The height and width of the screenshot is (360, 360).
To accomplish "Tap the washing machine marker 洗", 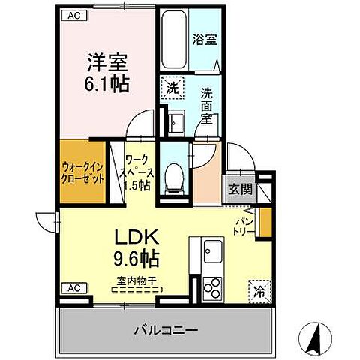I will [172, 87].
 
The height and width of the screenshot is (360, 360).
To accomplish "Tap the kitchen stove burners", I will [212, 287].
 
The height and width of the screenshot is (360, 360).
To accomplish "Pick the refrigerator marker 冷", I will [258, 289].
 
